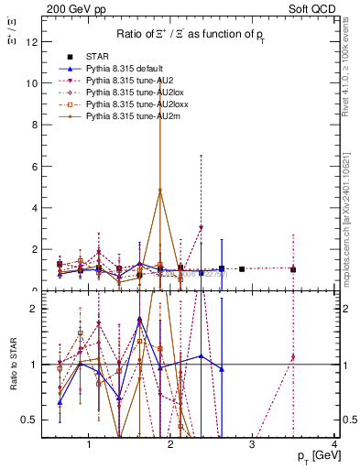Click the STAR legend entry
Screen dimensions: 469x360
coord(96,58)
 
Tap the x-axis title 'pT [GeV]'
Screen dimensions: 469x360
coord(312,455)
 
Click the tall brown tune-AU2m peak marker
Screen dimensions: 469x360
coord(160,191)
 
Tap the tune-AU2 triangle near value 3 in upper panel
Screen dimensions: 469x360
coord(201,228)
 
